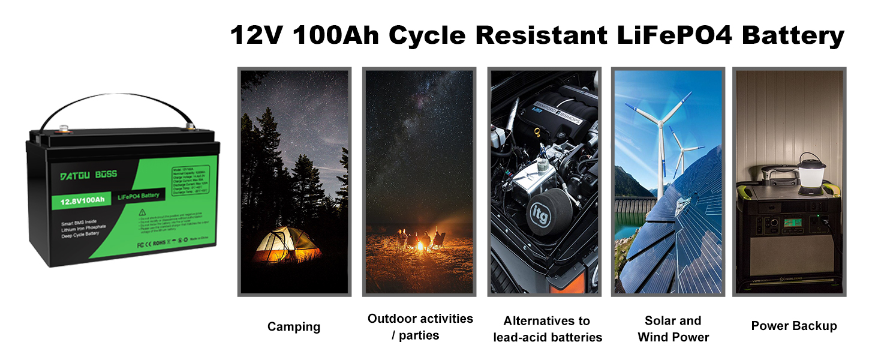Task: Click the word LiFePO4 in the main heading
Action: pyautogui.click(x=672, y=35)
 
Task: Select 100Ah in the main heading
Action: pyautogui.click(x=336, y=35)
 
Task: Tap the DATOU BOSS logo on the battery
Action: pyautogui.click(x=89, y=175)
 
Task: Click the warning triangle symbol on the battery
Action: pyautogui.click(x=142, y=212)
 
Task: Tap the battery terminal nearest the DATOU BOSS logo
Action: pyautogui.click(x=62, y=127)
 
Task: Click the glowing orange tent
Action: pyautogui.click(x=284, y=245)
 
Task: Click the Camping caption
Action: pyautogui.click(x=294, y=327)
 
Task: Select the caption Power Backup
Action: pyautogui.click(x=793, y=326)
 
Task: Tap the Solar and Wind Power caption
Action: pyautogui.click(x=673, y=329)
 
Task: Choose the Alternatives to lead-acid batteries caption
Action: pyautogui.click(x=547, y=329)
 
